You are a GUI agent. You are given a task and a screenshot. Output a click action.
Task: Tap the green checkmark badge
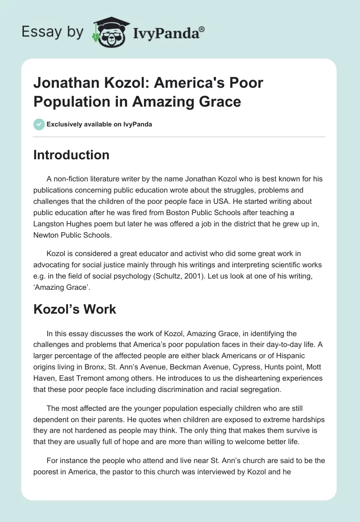click(39, 124)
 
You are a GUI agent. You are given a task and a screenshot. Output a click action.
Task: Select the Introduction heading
click(72, 155)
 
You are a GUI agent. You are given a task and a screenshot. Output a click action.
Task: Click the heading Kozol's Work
click(75, 309)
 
